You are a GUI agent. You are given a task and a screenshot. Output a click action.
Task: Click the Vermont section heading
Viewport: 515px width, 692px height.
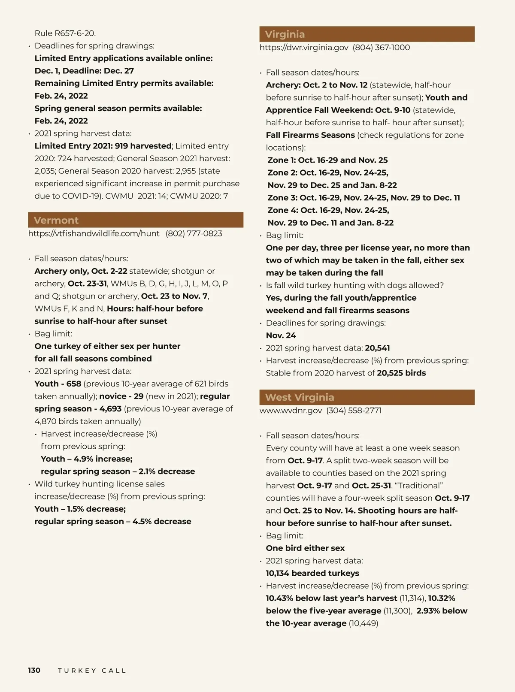pyautogui.click(x=56, y=220)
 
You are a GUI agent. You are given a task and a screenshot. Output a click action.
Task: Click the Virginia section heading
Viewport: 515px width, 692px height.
pyautogui.click(x=285, y=34)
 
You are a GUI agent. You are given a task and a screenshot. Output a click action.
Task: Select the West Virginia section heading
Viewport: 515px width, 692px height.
pyautogui.click(x=300, y=397)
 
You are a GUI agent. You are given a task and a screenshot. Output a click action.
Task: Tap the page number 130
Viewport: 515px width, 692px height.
pyautogui.click(x=34, y=670)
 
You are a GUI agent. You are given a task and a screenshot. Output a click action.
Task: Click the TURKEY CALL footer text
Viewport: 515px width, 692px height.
pyautogui.click(x=92, y=671)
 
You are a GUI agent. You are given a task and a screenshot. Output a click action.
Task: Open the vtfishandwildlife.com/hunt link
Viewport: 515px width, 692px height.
pyautogui.click(x=94, y=233)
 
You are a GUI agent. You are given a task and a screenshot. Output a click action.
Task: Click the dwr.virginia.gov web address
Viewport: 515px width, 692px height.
pyautogui.click(x=304, y=47)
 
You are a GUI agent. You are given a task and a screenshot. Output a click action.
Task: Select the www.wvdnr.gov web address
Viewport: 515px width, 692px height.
pyautogui.click(x=291, y=410)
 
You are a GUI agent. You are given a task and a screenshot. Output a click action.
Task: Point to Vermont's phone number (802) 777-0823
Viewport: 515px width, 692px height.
pyautogui.click(x=194, y=233)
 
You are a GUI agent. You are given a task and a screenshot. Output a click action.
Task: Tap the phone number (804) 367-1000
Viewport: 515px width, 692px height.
pyautogui.click(x=381, y=47)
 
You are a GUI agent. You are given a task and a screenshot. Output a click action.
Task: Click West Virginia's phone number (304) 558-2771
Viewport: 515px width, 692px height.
pyautogui.click(x=354, y=410)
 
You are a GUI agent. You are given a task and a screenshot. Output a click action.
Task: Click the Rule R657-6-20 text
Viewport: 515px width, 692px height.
pyautogui.click(x=65, y=33)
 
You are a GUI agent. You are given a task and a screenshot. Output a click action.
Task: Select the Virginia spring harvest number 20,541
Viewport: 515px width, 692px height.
pyautogui.click(x=377, y=348)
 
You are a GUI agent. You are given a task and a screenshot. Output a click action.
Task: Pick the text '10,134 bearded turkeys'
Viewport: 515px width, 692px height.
pyautogui.click(x=312, y=573)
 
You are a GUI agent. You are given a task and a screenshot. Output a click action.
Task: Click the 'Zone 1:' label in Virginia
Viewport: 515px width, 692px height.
pyautogui.click(x=281, y=160)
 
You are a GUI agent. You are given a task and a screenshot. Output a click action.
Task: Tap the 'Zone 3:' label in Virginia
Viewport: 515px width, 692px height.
pyautogui.click(x=282, y=198)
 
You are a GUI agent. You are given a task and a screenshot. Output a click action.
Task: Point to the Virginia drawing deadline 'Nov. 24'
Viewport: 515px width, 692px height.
pyautogui.click(x=281, y=335)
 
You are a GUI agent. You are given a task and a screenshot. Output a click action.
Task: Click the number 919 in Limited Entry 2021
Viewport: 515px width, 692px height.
pyautogui.click(x=121, y=146)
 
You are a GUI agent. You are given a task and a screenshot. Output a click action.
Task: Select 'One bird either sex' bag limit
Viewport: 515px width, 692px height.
pyautogui.click(x=305, y=548)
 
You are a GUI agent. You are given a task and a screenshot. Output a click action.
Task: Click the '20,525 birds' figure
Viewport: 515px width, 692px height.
pyautogui.click(x=401, y=373)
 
